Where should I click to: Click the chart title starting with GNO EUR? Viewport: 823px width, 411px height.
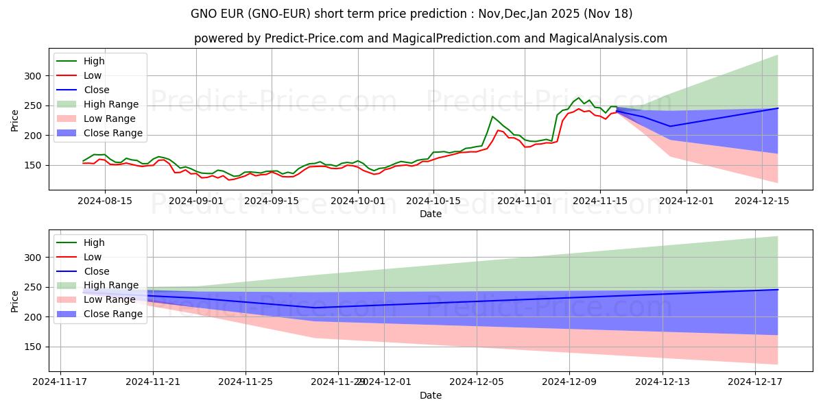[x=411, y=14]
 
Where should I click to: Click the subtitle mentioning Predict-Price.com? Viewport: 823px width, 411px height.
[x=431, y=38]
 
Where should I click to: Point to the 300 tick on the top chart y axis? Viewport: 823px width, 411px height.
[x=34, y=76]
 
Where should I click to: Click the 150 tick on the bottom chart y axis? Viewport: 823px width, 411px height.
[x=34, y=347]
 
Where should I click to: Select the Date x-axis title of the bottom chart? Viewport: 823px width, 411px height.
[x=431, y=395]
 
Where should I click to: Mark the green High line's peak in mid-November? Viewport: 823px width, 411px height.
[x=578, y=98]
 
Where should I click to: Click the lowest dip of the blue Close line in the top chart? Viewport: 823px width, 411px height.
[x=670, y=126]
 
